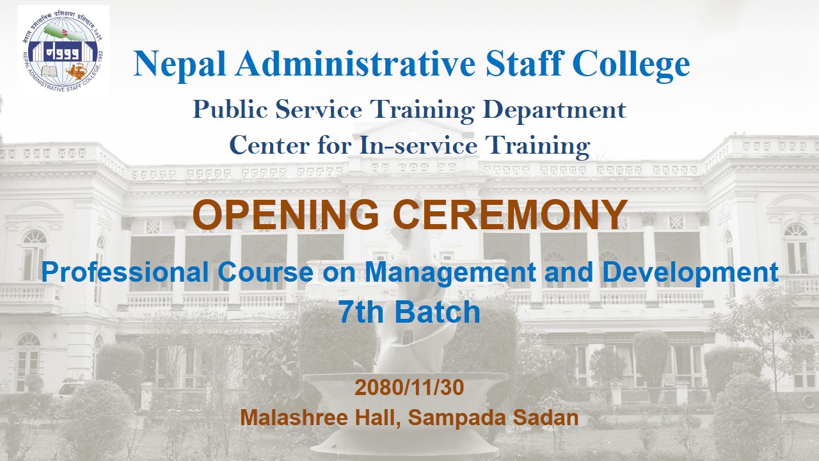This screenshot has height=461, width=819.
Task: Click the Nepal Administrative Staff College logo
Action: click(x=63, y=51)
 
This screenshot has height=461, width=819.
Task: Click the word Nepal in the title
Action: click(x=180, y=65)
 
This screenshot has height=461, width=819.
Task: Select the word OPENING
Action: click(x=286, y=214)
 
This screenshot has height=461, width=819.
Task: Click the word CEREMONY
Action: click(x=510, y=214)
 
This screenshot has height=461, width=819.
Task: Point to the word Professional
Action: click(x=125, y=272)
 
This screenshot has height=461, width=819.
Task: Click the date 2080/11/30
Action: click(x=409, y=387)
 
